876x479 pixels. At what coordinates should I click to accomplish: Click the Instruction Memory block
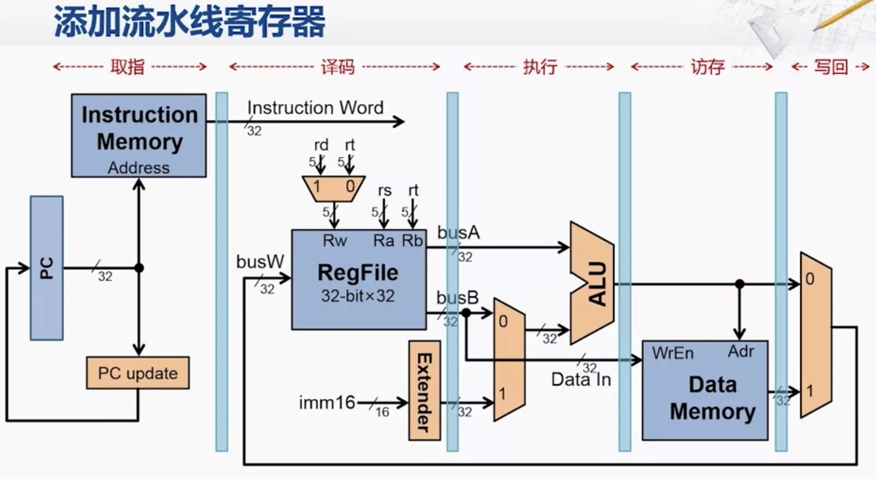point(139,135)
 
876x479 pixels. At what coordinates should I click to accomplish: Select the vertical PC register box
point(46,268)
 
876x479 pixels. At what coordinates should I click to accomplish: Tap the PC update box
point(138,373)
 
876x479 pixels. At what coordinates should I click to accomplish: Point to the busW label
point(260,261)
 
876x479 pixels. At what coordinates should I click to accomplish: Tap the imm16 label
point(327,403)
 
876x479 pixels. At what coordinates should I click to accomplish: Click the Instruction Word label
point(315,108)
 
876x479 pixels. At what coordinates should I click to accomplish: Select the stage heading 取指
point(128,66)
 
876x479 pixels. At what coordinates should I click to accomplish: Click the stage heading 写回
point(831,66)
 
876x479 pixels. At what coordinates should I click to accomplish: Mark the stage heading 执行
point(540,66)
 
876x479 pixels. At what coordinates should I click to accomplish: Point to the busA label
point(458,233)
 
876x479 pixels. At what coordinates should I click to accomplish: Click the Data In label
point(581,380)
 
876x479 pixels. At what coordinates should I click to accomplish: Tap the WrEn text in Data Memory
point(673,353)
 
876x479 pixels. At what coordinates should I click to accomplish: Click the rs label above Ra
point(385,190)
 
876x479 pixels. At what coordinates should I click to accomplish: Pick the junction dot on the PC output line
point(139,268)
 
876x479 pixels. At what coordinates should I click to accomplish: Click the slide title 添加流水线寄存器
point(190,22)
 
